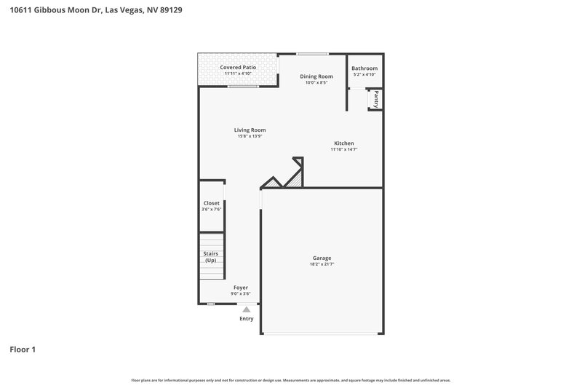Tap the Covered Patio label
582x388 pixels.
pos(238,67)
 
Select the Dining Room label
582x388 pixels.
pos(316,76)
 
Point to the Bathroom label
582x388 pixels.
pos(364,68)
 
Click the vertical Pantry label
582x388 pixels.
pos(377,98)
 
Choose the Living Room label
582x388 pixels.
pos(250,130)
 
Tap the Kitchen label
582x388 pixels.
pos(344,143)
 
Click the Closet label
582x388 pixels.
pos(211,203)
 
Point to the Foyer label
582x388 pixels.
pos(241,288)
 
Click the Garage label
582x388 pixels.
pos(322,258)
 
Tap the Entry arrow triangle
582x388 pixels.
pos(247,309)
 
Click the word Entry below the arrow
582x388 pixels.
pos(247,319)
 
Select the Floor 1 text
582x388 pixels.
pos(23,349)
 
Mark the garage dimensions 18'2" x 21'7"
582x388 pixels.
pos(322,264)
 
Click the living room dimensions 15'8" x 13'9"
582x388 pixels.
pos(250,136)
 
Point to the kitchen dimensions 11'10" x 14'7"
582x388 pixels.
pos(344,149)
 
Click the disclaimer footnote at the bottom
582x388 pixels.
pos(291,380)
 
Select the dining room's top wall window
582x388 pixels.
pos(311,53)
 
